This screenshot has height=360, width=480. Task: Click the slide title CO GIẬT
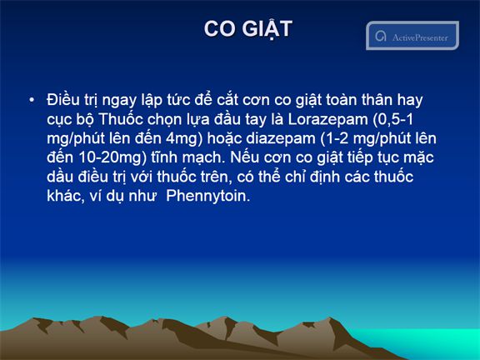coord(248,29)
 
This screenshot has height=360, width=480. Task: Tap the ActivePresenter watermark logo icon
coord(381,36)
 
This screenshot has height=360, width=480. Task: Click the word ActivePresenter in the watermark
coord(420,37)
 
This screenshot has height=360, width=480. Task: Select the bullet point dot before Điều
coord(32,100)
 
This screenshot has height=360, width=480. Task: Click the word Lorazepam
coord(327,120)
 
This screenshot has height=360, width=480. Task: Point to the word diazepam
coord(281,138)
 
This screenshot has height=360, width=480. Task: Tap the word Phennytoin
coord(207,196)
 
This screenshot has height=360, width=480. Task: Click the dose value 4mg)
coord(184,138)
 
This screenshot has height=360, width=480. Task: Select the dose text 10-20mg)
coord(112,157)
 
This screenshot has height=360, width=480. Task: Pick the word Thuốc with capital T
coord(121,119)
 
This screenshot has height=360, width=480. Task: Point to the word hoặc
coord(225,138)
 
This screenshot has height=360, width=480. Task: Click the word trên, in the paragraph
coord(216,177)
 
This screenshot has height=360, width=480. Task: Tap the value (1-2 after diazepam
coord(334,138)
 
